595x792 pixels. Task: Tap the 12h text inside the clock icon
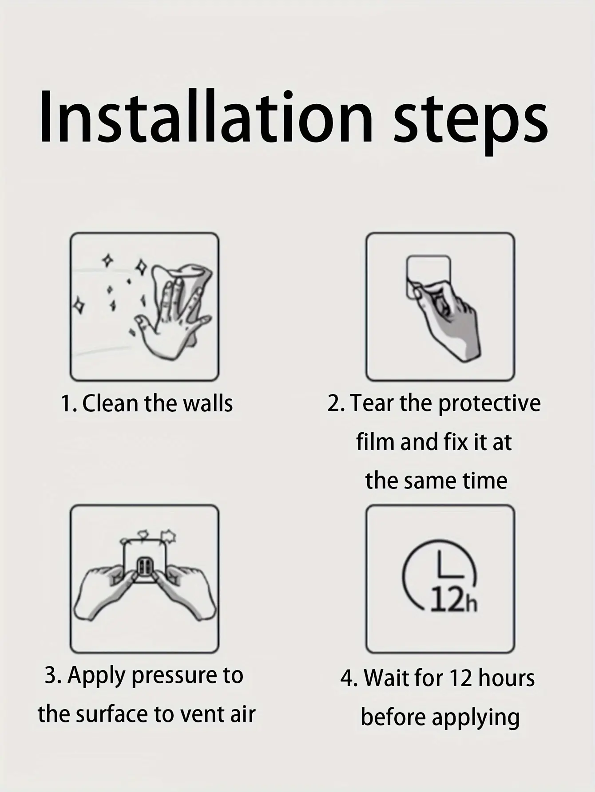(x=453, y=601)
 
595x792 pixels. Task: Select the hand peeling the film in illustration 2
(x=446, y=322)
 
